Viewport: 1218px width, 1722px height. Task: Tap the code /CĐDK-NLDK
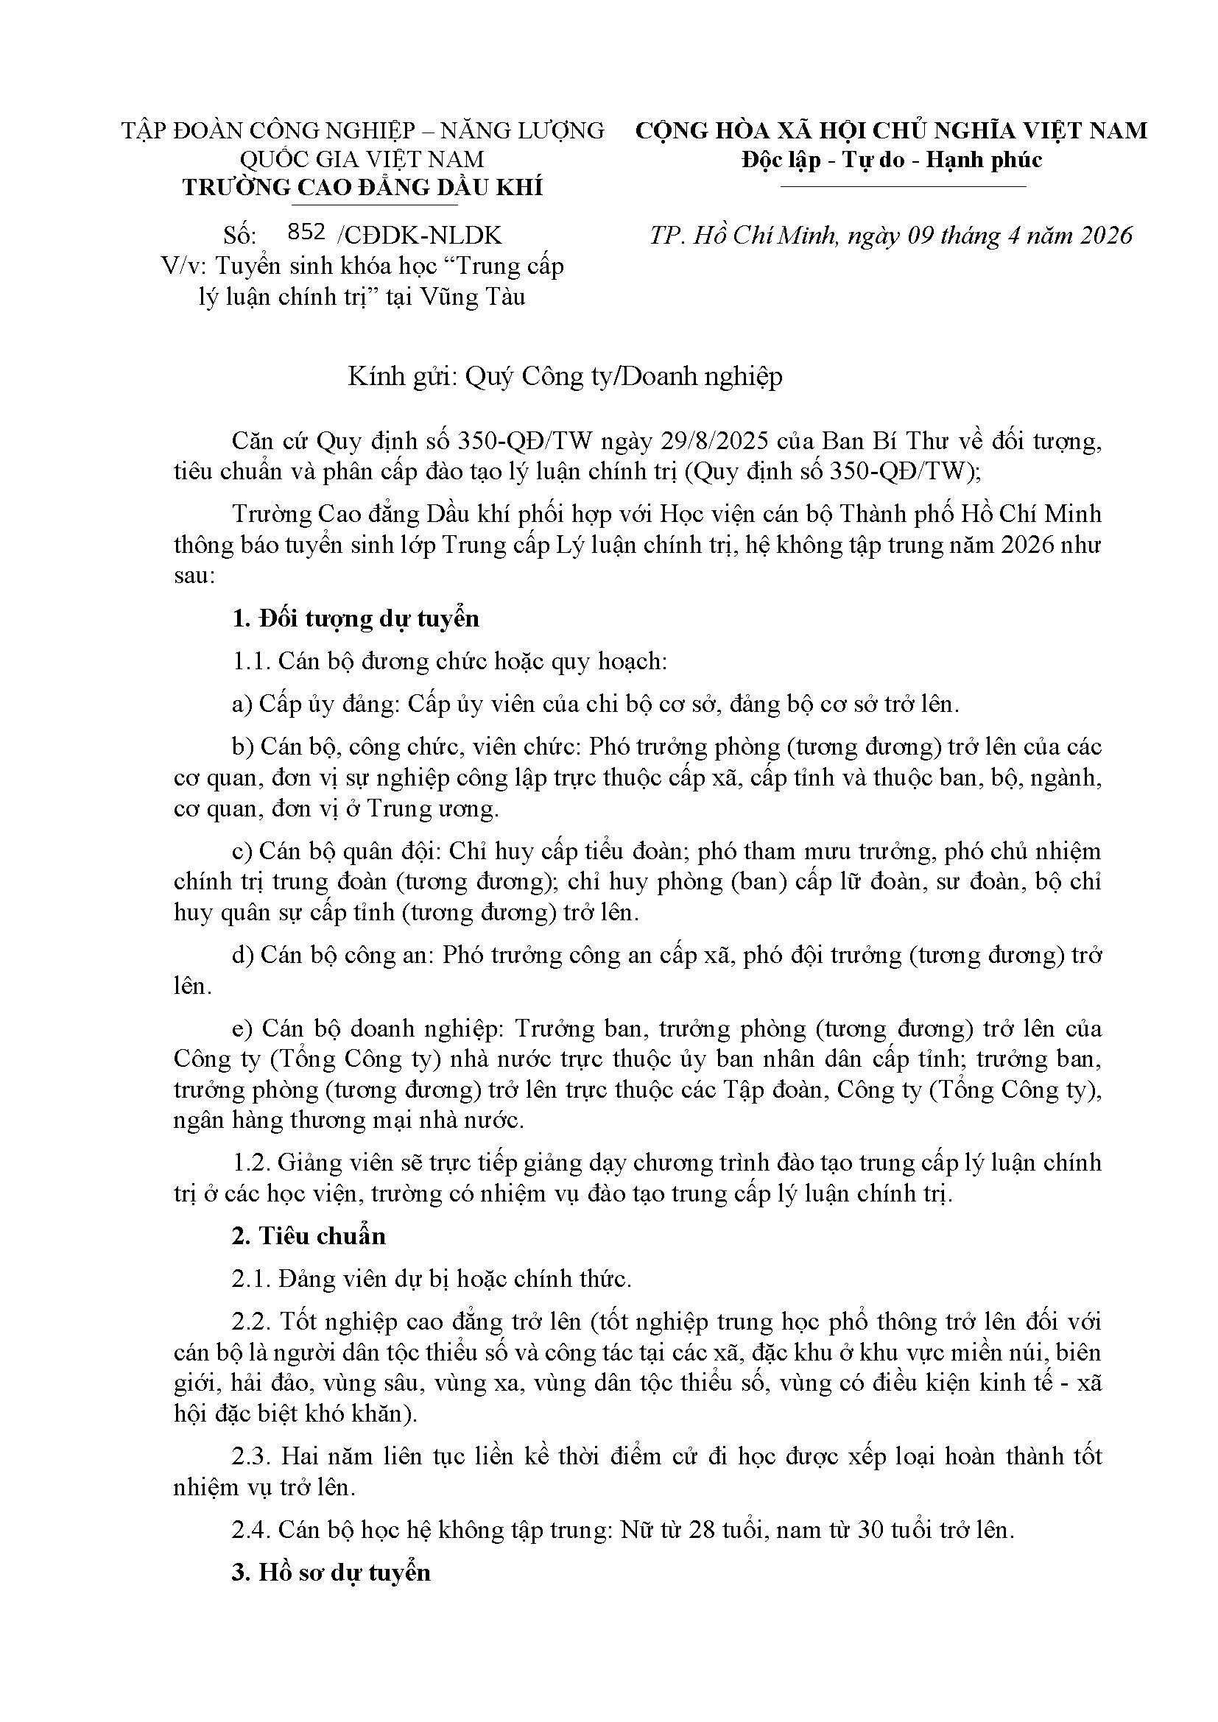[x=419, y=236]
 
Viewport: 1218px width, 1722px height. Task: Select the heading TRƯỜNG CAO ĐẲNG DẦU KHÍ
[x=362, y=188]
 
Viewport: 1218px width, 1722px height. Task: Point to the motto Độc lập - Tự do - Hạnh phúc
[x=892, y=160]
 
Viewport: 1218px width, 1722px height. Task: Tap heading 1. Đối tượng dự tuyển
[x=356, y=618]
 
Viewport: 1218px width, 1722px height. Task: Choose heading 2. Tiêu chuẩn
[x=309, y=1236]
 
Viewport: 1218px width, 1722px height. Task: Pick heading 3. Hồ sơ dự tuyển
[x=331, y=1573]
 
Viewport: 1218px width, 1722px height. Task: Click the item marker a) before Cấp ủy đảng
[x=242, y=705]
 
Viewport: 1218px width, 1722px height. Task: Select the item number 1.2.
[x=251, y=1162]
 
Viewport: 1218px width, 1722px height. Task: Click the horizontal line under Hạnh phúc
[x=902, y=186]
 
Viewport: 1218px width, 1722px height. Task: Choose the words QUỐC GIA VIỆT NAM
[x=362, y=160]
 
